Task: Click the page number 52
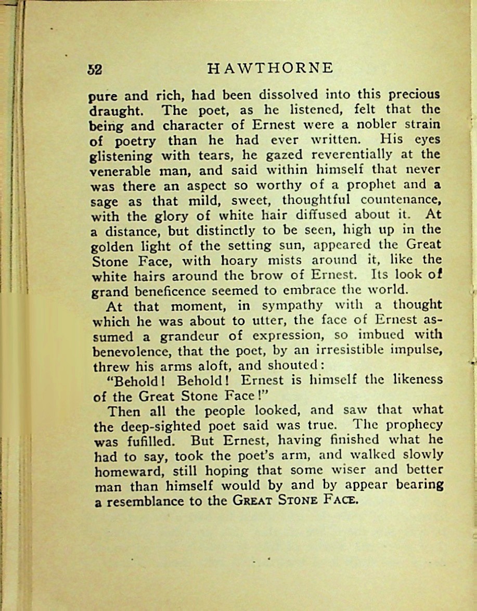[95, 70]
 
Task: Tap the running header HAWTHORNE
[270, 69]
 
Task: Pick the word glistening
[121, 156]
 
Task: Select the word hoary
[239, 259]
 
